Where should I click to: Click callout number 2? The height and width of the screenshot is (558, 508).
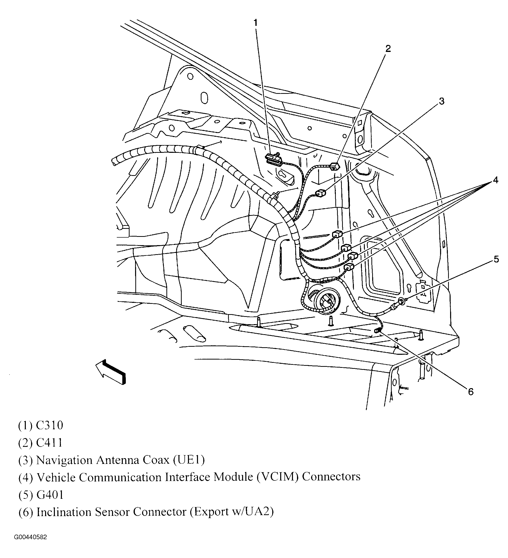tap(388, 49)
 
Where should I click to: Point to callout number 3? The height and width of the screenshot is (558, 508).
tap(441, 101)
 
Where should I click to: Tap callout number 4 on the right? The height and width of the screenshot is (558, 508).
tap(495, 180)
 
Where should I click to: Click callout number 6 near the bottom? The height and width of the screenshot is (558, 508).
tap(470, 392)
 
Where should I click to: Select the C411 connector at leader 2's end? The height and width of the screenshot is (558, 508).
tap(335, 167)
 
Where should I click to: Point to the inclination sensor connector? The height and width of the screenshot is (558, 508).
tap(377, 330)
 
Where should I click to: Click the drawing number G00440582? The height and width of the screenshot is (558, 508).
tap(30, 545)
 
